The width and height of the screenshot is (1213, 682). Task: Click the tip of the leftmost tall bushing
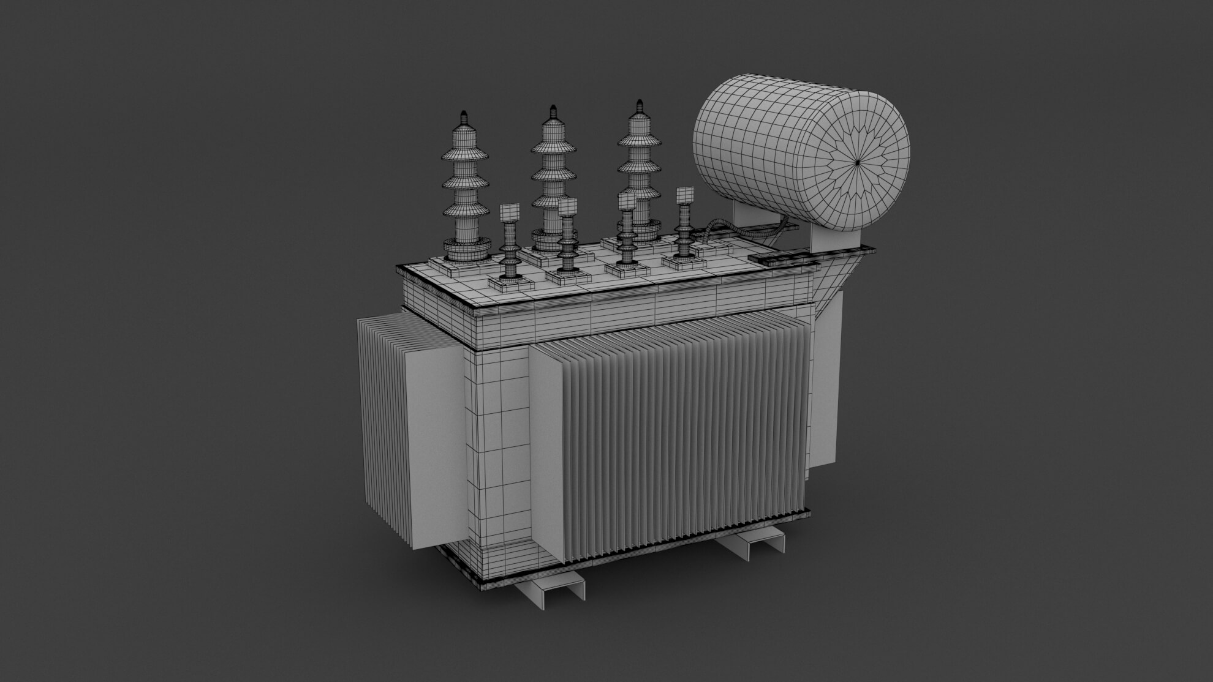click(x=463, y=114)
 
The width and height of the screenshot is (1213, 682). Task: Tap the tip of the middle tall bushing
click(x=553, y=109)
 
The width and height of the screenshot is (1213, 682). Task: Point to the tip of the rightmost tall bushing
click(x=640, y=102)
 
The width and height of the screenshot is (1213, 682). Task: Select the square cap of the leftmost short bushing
click(x=509, y=213)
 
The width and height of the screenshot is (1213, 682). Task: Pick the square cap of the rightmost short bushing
click(x=684, y=196)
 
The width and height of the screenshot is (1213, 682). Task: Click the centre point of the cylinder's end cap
click(x=859, y=161)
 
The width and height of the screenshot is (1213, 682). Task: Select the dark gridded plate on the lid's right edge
click(x=778, y=260)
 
